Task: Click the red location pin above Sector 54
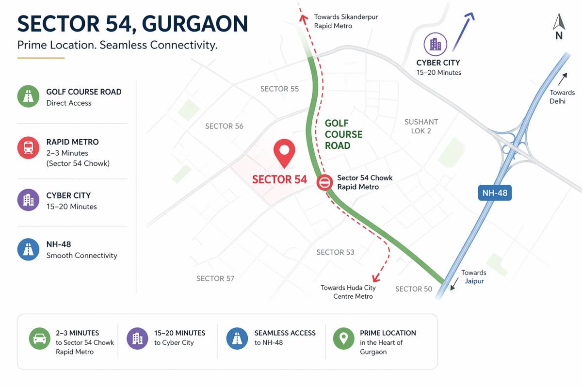pyautogui.click(x=284, y=152)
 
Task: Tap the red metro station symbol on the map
pyautogui.click(x=324, y=183)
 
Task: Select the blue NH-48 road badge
pyautogui.click(x=495, y=194)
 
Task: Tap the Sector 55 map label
pyautogui.click(x=279, y=89)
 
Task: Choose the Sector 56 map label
pyautogui.click(x=224, y=126)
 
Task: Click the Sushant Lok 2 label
pyautogui.click(x=421, y=126)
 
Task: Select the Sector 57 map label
pyautogui.click(x=215, y=278)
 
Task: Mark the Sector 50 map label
pyautogui.click(x=413, y=289)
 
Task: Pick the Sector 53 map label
pyautogui.click(x=335, y=252)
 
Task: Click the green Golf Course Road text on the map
pyautogui.click(x=343, y=134)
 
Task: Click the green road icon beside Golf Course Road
pyautogui.click(x=28, y=97)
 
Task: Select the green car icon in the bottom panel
pyautogui.click(x=39, y=338)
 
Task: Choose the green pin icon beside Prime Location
pyautogui.click(x=343, y=338)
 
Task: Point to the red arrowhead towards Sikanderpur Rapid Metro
pyautogui.click(x=304, y=18)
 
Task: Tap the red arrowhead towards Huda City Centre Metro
pyautogui.click(x=375, y=278)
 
